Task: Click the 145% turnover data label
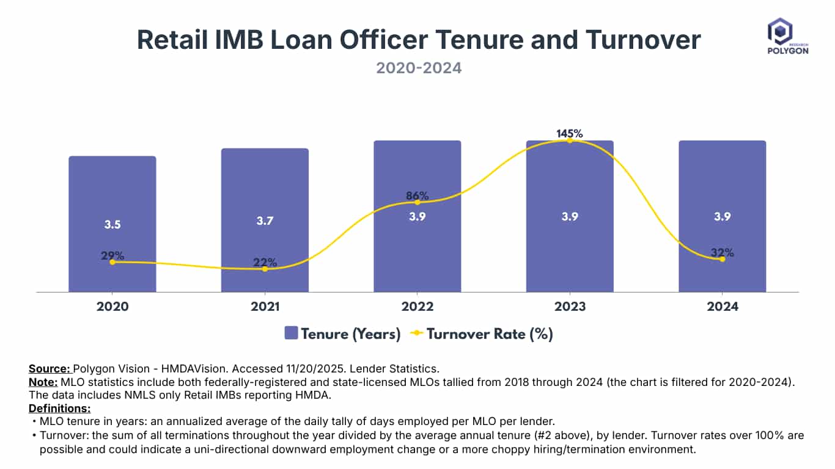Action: [570, 133]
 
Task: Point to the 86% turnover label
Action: [417, 196]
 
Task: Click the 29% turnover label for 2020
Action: [112, 255]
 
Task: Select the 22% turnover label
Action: [265, 263]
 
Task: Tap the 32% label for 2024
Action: [722, 252]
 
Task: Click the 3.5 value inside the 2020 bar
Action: [112, 224]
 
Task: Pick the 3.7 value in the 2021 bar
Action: [265, 220]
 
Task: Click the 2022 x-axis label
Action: [417, 307]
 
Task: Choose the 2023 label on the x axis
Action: [570, 307]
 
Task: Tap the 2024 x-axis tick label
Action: [722, 307]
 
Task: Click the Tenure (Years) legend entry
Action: [342, 333]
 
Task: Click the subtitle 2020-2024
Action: [419, 68]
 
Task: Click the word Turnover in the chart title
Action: [643, 40]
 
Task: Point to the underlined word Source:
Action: [50, 369]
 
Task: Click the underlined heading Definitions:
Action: [59, 408]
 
